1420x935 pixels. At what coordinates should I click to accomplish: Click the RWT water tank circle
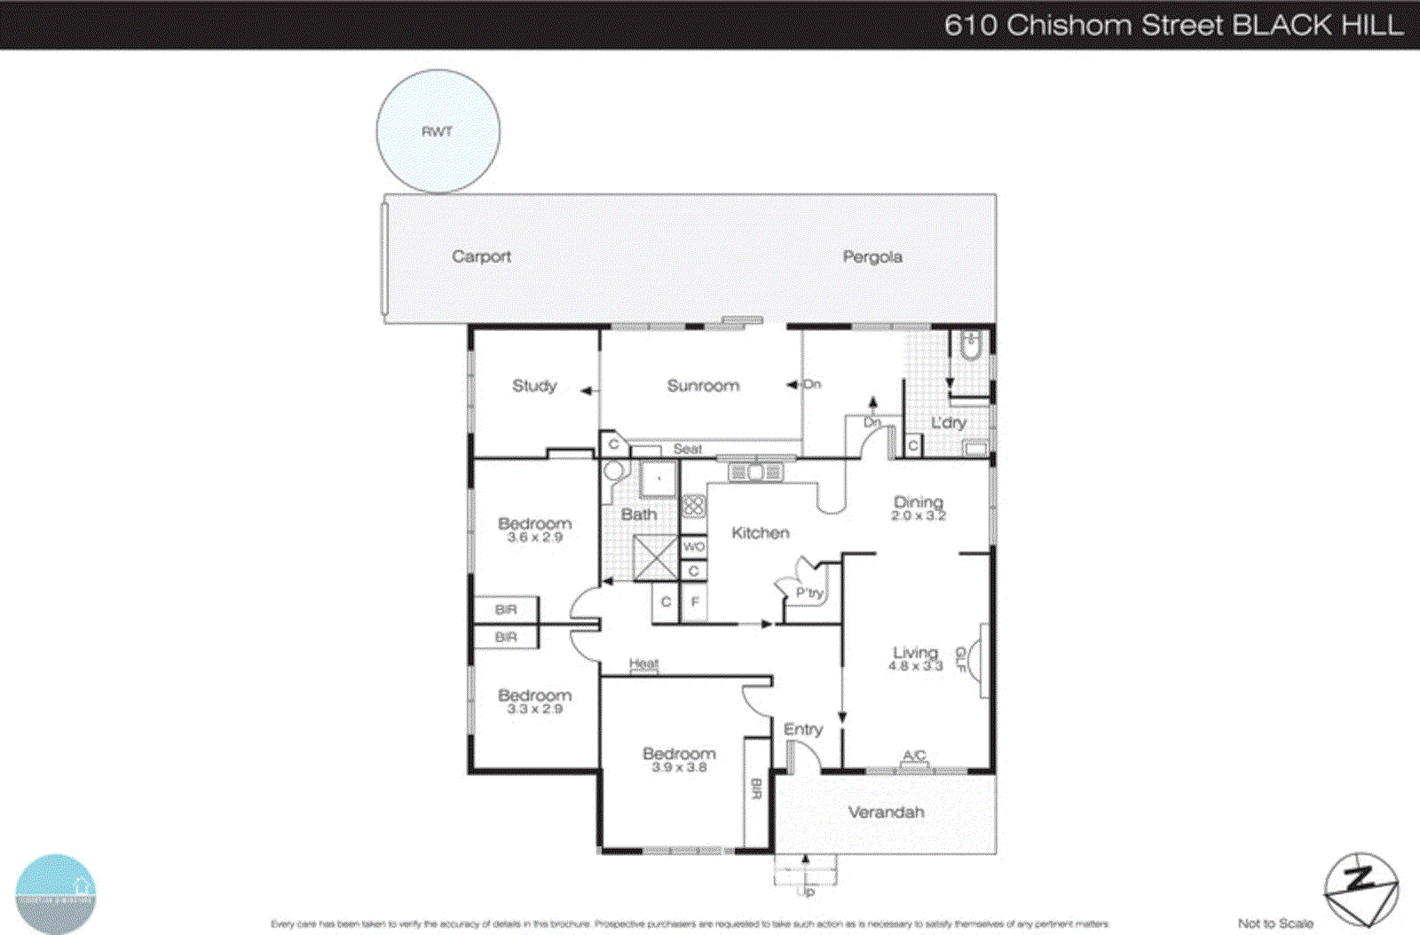coord(438,131)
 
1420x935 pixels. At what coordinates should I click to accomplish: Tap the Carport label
coord(481,256)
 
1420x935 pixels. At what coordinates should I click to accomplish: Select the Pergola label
coord(872,256)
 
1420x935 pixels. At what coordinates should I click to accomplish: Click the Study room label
coord(534,386)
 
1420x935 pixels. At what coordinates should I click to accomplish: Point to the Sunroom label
coord(703,386)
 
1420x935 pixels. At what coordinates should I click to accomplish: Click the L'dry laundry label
coord(948,423)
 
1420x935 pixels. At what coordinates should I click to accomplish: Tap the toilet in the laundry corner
coord(970,345)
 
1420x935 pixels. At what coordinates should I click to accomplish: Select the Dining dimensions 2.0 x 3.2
coord(919,516)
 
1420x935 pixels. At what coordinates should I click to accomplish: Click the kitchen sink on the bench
coord(755,472)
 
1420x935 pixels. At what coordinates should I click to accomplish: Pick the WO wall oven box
coord(694,547)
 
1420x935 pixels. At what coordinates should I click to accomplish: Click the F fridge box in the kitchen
coord(695,602)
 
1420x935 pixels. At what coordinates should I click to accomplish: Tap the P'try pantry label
coord(809,593)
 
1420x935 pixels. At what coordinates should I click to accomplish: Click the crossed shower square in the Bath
coord(656,558)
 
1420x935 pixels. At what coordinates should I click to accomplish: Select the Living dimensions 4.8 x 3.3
coord(915,666)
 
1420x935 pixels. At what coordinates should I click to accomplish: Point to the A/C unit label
coord(914,756)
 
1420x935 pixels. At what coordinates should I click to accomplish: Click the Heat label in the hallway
coord(643,664)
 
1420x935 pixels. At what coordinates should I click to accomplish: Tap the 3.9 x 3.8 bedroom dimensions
coord(679,767)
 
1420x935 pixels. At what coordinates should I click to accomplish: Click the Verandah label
coord(886,812)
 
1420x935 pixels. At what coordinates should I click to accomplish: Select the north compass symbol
coord(1361,890)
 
